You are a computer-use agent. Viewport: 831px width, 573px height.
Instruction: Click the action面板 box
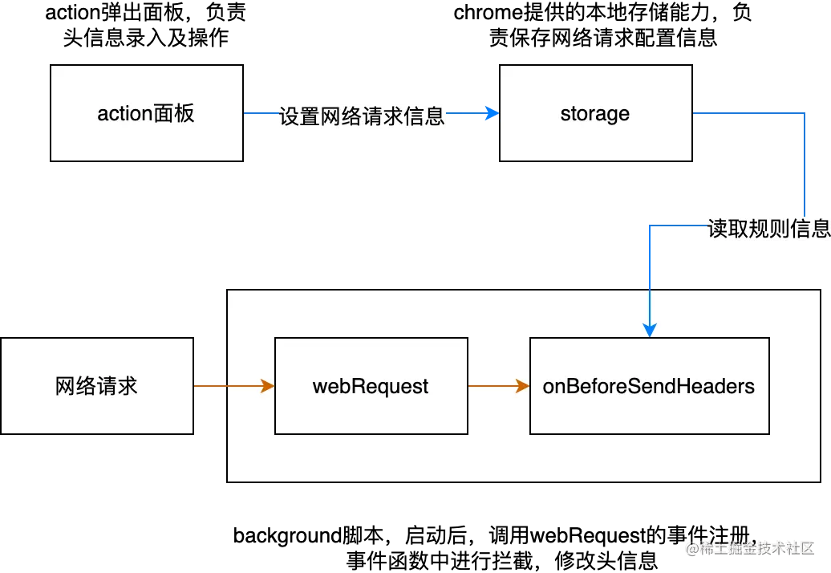click(x=146, y=113)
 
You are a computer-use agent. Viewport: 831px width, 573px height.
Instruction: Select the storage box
click(x=595, y=113)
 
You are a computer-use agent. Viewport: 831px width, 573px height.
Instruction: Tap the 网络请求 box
click(x=96, y=386)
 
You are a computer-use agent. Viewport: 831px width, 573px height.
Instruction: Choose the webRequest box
click(x=371, y=386)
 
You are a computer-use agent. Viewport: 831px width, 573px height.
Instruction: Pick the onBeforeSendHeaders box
click(x=649, y=386)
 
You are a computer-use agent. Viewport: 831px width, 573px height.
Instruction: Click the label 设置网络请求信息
click(x=361, y=116)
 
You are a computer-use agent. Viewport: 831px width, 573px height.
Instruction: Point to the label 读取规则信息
click(x=768, y=229)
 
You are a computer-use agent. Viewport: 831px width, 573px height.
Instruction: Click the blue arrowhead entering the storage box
click(x=490, y=114)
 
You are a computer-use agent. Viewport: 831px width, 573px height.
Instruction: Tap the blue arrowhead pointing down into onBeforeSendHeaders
click(x=650, y=330)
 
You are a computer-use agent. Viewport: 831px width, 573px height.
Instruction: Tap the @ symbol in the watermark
click(x=691, y=548)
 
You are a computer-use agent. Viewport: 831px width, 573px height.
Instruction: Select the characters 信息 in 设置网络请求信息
click(x=424, y=116)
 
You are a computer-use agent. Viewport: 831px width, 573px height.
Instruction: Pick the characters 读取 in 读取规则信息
click(x=727, y=229)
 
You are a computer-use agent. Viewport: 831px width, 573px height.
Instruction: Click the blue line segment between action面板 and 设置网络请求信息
click(x=260, y=113)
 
